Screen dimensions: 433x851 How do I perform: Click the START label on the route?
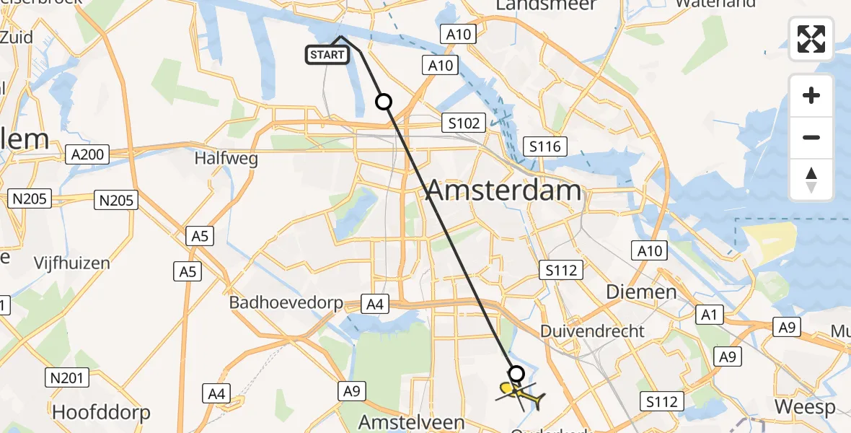coord(328,55)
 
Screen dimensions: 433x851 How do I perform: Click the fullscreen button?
coord(811,39)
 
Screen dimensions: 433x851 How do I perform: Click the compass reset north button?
coord(811,180)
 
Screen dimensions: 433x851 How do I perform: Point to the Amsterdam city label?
coord(503,191)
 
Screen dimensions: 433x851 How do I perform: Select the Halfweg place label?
coord(225,159)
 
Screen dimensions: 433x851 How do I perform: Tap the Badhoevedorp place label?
coord(286,302)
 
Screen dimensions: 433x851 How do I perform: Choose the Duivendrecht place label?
coord(592,331)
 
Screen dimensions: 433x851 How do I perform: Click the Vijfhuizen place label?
coord(72,263)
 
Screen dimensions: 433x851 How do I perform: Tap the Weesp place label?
coord(805,407)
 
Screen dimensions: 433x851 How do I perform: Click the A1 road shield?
coord(710,314)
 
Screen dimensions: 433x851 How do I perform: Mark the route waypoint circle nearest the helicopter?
coord(516,373)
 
